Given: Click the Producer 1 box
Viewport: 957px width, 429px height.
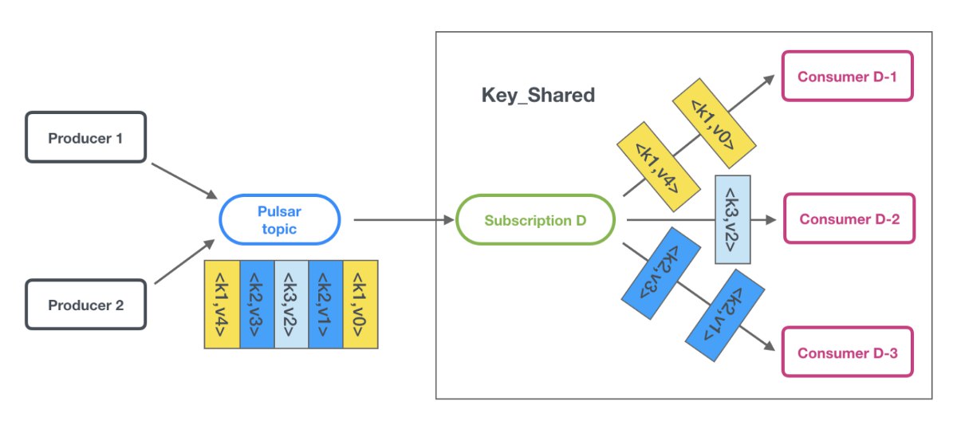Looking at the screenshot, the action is click(x=86, y=137).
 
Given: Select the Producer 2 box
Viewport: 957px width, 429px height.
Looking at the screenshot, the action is click(x=86, y=305).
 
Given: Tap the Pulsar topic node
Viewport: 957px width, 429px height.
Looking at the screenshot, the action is click(x=280, y=219).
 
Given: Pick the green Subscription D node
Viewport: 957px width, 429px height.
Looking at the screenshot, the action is click(x=535, y=219).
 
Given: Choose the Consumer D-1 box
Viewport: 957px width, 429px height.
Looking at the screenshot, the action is click(x=847, y=76).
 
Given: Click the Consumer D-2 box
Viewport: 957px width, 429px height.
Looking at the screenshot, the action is click(x=849, y=218).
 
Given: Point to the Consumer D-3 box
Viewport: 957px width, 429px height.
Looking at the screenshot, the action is click(x=847, y=352).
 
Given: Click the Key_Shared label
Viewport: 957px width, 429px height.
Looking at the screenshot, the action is click(x=538, y=95).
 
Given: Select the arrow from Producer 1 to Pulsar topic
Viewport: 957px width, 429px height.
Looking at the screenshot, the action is click(x=184, y=181).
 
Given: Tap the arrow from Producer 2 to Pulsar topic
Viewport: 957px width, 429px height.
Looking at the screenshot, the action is click(x=184, y=261).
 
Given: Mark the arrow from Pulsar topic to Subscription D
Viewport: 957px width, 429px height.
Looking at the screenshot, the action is click(x=404, y=219).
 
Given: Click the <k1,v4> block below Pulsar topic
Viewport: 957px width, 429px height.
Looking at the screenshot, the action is click(x=222, y=305).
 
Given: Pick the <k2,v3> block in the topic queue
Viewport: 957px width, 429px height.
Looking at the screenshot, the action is click(x=257, y=305).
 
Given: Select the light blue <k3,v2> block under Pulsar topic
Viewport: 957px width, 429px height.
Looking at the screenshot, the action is click(x=291, y=305).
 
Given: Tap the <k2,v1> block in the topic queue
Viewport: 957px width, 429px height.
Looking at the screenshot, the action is click(x=325, y=305).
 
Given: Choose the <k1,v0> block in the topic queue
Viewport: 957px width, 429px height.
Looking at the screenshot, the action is click(x=360, y=305).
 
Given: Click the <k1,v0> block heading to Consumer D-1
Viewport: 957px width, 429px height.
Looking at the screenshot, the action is click(x=714, y=123).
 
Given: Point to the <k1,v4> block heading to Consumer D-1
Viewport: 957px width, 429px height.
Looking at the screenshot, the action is click(x=659, y=167).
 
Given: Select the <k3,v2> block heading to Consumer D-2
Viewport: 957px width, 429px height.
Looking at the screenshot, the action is click(x=733, y=219).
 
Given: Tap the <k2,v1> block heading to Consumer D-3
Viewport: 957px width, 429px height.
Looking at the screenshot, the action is click(x=725, y=315).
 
